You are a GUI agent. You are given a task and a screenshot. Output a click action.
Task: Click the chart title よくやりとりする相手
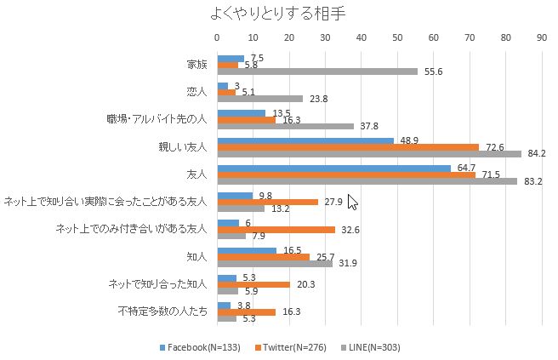click(x=278, y=14)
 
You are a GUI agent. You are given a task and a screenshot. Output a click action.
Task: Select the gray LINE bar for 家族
click(x=317, y=72)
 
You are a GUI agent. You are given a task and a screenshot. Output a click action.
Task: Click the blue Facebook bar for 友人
click(x=334, y=168)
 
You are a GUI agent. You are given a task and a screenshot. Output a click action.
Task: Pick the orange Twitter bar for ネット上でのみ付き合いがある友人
click(x=276, y=229)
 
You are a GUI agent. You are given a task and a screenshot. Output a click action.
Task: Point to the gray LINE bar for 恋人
click(x=260, y=99)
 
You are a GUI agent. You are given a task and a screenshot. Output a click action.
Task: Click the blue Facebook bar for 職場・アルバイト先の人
click(x=242, y=112)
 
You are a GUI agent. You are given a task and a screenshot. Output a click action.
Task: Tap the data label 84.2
click(x=538, y=154)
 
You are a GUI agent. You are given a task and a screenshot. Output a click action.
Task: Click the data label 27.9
click(x=333, y=202)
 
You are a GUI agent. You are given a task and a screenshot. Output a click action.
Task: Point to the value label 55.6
click(x=434, y=72)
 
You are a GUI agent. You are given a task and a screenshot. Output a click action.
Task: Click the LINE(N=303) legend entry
click(x=374, y=347)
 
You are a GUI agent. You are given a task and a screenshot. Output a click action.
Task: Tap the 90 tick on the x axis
click(x=542, y=37)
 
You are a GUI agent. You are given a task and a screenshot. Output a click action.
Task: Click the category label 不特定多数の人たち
click(x=162, y=311)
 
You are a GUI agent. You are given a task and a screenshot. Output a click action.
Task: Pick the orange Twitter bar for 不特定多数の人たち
click(x=247, y=311)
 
